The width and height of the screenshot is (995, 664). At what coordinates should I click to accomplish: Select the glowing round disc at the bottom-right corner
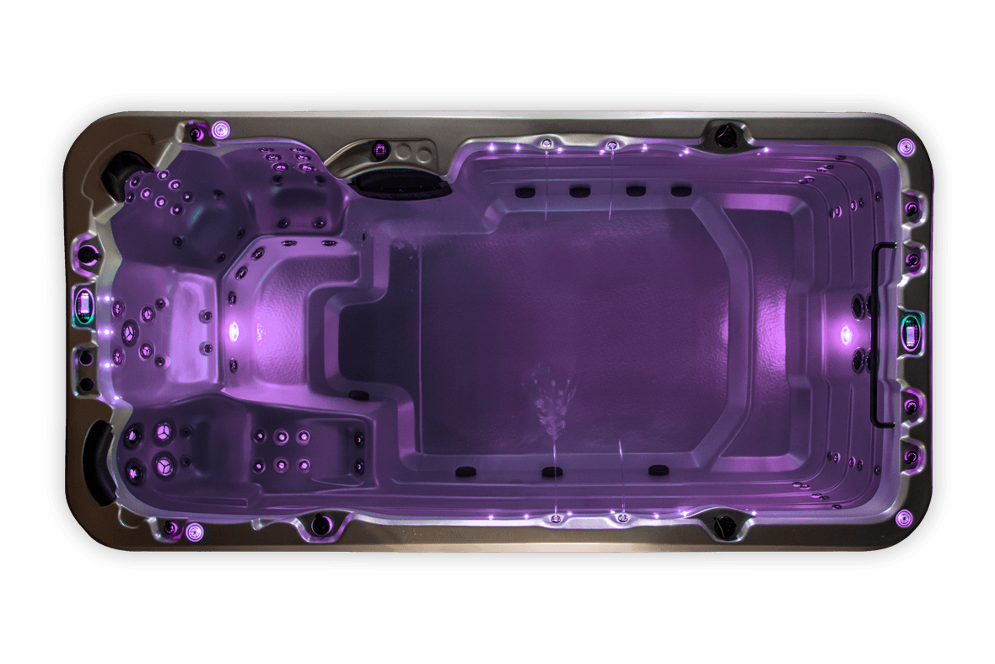click(x=904, y=517)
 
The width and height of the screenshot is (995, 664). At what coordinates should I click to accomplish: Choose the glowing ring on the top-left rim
click(x=221, y=129)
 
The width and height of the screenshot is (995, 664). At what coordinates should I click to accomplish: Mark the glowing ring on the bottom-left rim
click(x=195, y=531)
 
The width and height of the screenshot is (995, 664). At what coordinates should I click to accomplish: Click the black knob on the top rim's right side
click(x=723, y=132)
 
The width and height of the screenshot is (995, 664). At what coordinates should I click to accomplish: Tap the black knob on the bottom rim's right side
click(x=722, y=527)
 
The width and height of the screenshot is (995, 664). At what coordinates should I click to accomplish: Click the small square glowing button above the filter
click(x=379, y=151)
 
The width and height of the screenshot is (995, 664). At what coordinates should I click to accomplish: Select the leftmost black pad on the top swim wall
click(x=523, y=191)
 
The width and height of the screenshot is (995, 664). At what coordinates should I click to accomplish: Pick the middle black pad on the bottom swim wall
click(x=552, y=472)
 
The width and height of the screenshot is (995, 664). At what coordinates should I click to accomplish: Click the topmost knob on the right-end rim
click(x=911, y=208)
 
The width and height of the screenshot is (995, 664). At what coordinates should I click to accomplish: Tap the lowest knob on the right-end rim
click(x=911, y=456)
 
